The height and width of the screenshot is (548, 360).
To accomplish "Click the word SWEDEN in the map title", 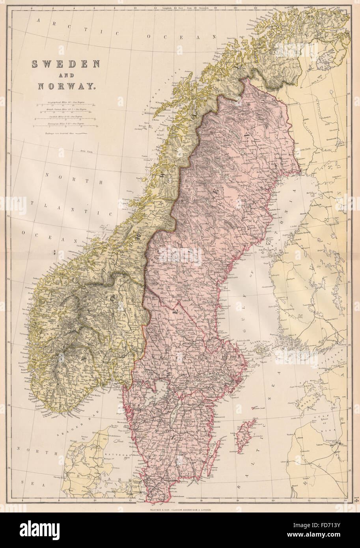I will (x=66, y=64).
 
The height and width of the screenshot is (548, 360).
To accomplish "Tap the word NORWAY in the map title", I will (x=66, y=85).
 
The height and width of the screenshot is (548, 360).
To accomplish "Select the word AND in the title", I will (x=65, y=75).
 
